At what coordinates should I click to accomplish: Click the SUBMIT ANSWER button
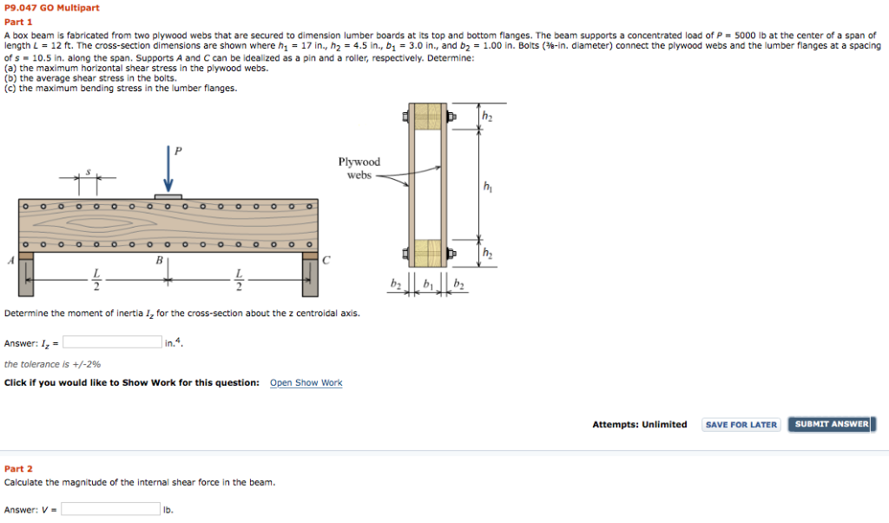[x=831, y=425]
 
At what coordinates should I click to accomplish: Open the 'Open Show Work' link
[x=306, y=383]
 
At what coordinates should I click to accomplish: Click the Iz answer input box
[x=112, y=342]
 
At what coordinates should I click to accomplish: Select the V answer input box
[x=110, y=509]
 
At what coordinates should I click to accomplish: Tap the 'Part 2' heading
[x=18, y=468]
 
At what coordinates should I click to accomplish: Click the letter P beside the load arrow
[x=179, y=150]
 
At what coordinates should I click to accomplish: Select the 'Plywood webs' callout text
[x=359, y=169]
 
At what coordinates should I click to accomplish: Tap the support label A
[x=10, y=260]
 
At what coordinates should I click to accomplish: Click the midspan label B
[x=159, y=260]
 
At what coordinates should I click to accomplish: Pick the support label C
[x=326, y=260]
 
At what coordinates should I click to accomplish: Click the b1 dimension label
[x=426, y=285]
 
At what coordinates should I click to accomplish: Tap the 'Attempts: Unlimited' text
[x=639, y=425]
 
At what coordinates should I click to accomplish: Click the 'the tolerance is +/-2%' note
[x=52, y=365]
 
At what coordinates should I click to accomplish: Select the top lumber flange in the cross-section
[x=425, y=117]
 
